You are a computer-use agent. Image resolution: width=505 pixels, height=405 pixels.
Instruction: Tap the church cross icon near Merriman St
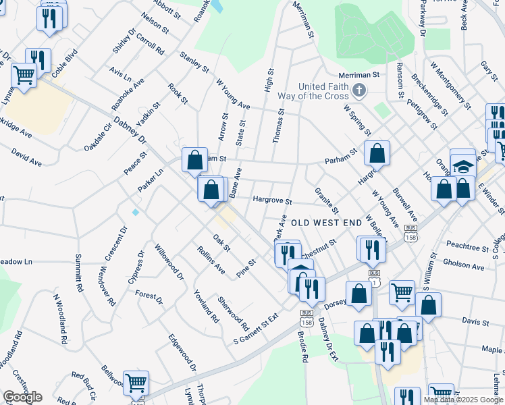click(x=360, y=90)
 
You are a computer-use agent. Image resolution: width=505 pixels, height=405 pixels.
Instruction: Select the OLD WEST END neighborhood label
click(x=326, y=223)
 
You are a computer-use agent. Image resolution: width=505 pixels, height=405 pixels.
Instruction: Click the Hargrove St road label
click(x=271, y=200)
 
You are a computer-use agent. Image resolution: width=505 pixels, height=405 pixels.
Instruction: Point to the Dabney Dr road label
click(x=130, y=131)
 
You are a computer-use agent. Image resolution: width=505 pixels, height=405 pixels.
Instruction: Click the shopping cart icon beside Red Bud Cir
click(x=136, y=383)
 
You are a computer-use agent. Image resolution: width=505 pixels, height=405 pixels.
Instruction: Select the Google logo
click(x=22, y=397)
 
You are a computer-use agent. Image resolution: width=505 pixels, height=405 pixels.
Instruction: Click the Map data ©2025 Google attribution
click(x=463, y=400)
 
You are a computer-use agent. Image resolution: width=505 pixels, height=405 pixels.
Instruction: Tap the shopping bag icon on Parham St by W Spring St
click(x=377, y=153)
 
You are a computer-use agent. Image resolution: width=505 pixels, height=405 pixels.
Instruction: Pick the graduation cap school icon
click(x=462, y=165)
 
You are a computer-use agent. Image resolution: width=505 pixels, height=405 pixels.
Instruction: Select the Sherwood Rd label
click(x=233, y=309)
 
